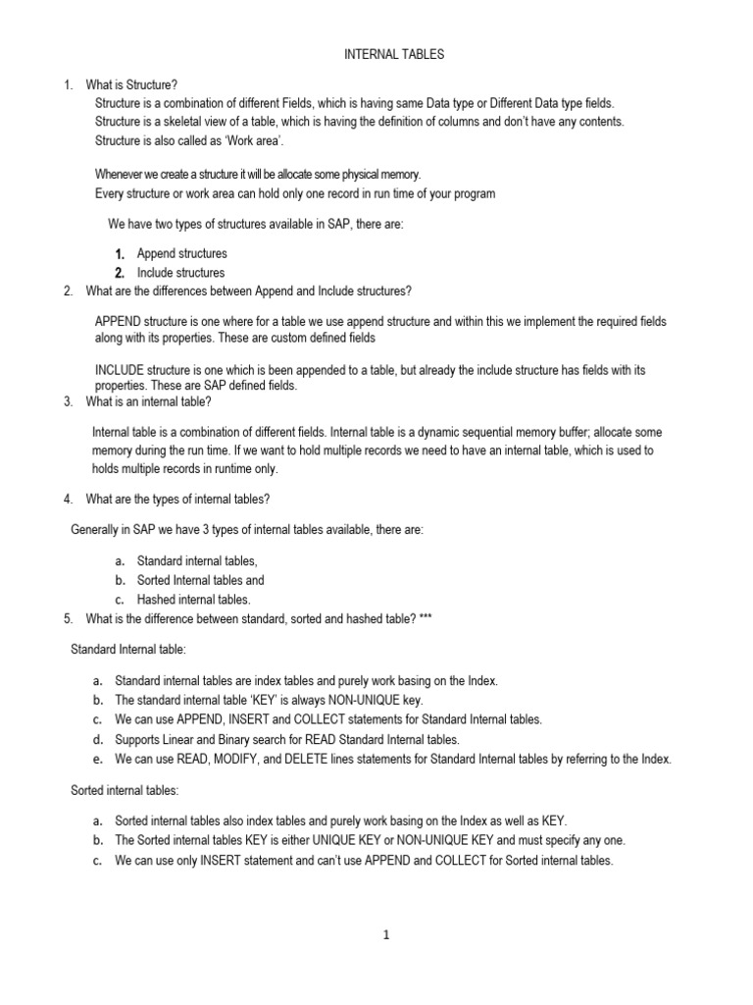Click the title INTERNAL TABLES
tap(393, 55)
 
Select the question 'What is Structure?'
tap(131, 85)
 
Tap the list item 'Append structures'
tap(181, 253)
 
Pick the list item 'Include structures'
tap(180, 273)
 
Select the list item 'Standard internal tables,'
tap(197, 560)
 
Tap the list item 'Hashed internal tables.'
tap(194, 599)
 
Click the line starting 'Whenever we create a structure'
tap(257, 174)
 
